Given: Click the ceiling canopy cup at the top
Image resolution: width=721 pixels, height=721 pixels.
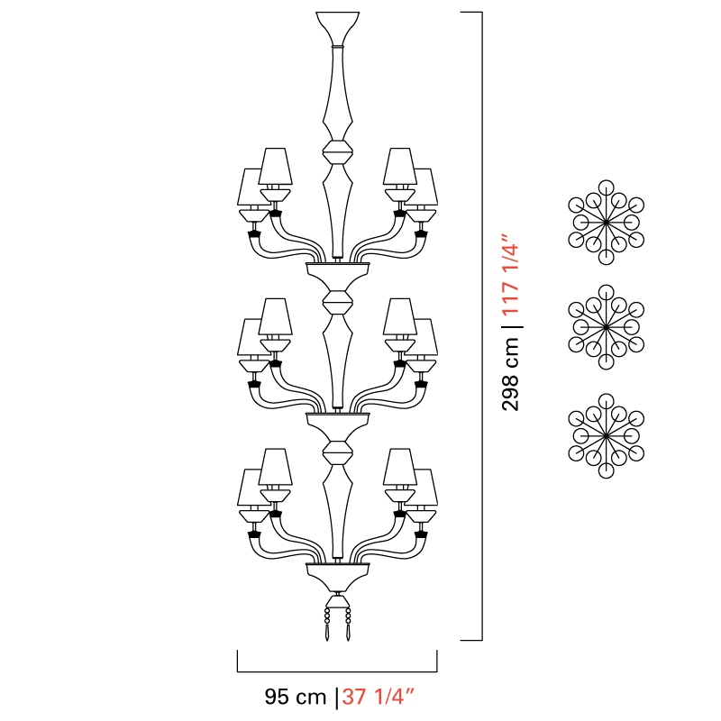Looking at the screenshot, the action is [337, 28].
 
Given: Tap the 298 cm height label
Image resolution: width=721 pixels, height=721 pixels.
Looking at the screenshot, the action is [510, 374].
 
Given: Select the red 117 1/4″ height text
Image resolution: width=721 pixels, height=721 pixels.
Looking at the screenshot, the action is [510, 275].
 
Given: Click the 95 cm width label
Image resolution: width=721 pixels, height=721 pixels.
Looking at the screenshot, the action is [296, 697].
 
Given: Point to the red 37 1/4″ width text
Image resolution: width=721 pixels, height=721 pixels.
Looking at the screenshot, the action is [378, 697].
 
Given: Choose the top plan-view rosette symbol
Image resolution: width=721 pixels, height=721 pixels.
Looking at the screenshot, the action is [606, 222].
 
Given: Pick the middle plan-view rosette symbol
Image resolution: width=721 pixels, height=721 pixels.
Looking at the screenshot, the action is [606, 327].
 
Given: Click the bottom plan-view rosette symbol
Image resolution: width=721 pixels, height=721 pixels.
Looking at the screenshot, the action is [606, 435].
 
